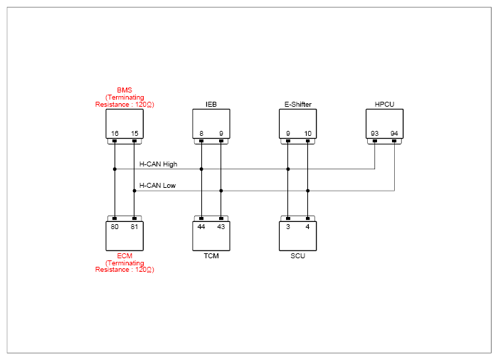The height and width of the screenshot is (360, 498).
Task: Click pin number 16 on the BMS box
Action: (115, 134)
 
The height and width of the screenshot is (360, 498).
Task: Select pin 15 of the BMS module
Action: (134, 134)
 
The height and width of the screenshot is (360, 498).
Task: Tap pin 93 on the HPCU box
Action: (375, 134)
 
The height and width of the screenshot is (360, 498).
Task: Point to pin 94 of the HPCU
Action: (394, 134)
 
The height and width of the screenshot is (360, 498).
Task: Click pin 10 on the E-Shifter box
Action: (308, 134)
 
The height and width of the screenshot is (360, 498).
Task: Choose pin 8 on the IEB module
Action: (201, 134)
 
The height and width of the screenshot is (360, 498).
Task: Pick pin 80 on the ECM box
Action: (115, 226)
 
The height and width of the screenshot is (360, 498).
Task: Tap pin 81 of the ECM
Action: (134, 226)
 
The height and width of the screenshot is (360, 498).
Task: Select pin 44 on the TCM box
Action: (201, 226)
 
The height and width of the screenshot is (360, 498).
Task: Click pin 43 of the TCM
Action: (221, 226)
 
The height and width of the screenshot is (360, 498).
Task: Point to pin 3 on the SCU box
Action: (288, 226)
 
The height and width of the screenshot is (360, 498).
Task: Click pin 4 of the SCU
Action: (307, 226)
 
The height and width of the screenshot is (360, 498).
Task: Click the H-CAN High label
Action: (158, 164)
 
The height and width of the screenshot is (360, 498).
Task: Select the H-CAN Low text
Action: (157, 186)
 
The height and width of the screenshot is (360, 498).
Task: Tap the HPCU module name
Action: (384, 104)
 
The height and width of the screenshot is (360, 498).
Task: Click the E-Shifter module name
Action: (298, 104)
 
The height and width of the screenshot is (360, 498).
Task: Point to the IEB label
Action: (211, 104)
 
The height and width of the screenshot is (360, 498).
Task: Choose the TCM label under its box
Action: (211, 256)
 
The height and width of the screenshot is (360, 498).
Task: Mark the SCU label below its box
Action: (297, 256)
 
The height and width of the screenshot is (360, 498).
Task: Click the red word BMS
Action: (124, 90)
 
